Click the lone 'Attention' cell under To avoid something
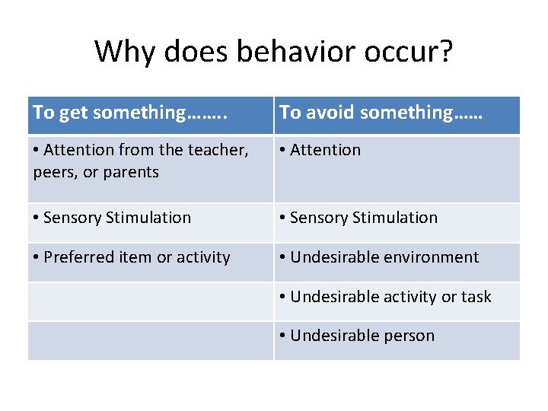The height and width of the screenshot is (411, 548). [325, 150]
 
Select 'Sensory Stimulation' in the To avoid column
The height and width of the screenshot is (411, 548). [364, 218]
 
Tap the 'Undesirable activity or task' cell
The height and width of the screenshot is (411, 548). [390, 297]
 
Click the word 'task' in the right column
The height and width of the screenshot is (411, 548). [476, 297]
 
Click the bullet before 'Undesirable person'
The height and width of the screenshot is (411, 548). [283, 336]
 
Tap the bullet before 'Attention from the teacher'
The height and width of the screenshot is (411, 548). [37, 150]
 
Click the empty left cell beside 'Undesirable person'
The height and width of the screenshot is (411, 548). [151, 340]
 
